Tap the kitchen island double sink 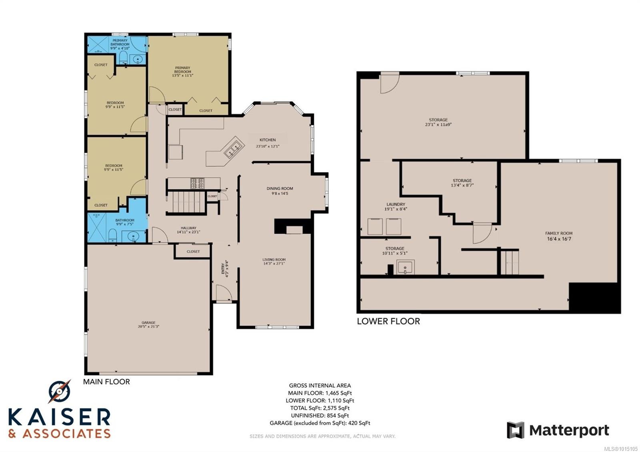tap(234, 150)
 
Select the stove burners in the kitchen tap(197, 183)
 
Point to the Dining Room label tap(280, 188)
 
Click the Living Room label tap(274, 260)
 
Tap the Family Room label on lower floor tap(558, 233)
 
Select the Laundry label tap(396, 204)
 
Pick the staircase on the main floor tap(186, 202)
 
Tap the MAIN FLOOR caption tap(106, 382)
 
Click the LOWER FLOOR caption tap(388, 321)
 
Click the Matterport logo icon tap(515, 430)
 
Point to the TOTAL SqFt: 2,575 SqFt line tap(320, 408)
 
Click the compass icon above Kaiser tap(59, 391)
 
